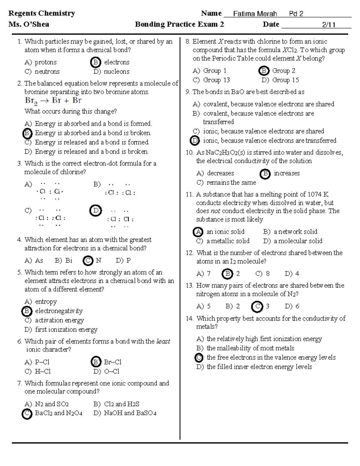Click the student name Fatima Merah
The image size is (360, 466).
pos(255,14)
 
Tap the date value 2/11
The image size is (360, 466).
pos(328,25)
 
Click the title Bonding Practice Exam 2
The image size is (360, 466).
pos(179,24)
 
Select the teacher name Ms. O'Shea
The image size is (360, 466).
pos(29,24)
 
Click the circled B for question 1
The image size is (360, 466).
pos(95,62)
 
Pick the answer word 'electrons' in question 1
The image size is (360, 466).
pos(117,62)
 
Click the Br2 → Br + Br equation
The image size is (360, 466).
pos(53,101)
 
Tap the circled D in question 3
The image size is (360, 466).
pos(96,211)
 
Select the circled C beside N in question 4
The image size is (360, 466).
pos(88,260)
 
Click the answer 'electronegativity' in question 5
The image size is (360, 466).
pos(59,311)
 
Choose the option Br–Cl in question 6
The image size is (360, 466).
pos(112,362)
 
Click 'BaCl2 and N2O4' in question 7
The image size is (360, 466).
pos(58,413)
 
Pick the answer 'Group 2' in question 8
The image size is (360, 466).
pos(283,71)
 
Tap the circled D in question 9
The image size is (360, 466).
pos(195,140)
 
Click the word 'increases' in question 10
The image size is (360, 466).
pos(286,173)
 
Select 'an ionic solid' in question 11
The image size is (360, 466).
pos(225,232)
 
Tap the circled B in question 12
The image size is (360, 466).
pos(227,274)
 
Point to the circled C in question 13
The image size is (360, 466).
pos(257,306)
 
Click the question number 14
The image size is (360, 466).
pos(189,318)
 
